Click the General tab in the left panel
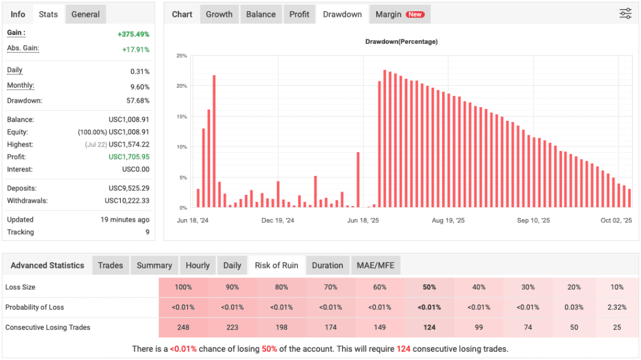tap(85, 14)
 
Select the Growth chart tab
tap(219, 14)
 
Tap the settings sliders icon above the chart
tap(625, 14)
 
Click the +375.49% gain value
tap(133, 34)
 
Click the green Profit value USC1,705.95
tap(129, 157)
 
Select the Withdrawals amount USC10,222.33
tap(127, 201)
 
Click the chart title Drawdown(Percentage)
tap(401, 42)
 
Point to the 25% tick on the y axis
tap(182, 56)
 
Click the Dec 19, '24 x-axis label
tap(278, 221)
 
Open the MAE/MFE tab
tap(376, 265)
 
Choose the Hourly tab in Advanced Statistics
tap(198, 265)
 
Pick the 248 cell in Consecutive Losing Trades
tap(183, 327)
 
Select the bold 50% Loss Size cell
tap(429, 287)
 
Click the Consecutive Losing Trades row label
tap(48, 327)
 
